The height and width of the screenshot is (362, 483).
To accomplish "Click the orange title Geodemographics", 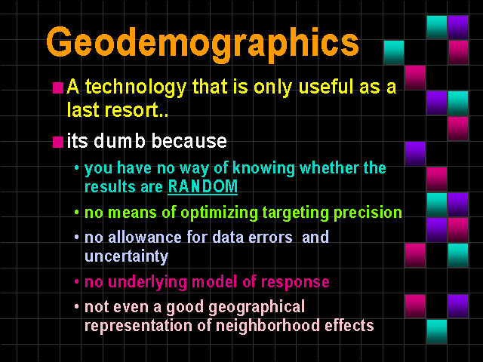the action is (x=203, y=44).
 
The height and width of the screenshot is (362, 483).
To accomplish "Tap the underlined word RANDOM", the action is (x=203, y=186).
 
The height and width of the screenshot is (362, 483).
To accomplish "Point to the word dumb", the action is (x=119, y=141).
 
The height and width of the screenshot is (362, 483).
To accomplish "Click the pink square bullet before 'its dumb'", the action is (x=58, y=143).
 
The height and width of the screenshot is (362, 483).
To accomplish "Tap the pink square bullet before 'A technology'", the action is (x=58, y=87).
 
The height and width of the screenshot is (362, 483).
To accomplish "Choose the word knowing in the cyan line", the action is (x=263, y=169).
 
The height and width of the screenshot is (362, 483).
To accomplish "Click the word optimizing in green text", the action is (x=219, y=213).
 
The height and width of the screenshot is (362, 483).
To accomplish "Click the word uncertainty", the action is (x=126, y=256).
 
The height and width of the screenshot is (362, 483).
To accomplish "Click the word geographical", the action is (x=257, y=308).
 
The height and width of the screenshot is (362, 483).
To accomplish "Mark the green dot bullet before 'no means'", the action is (x=77, y=213).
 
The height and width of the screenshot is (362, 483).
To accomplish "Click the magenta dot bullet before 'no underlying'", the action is (x=77, y=281).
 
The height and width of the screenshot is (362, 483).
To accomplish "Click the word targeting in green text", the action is (x=296, y=213).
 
